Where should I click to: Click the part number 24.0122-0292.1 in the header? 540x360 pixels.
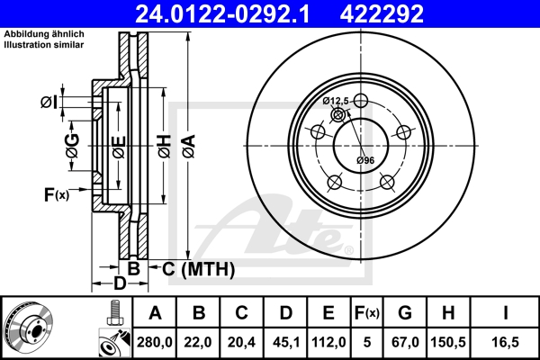coord(223,13)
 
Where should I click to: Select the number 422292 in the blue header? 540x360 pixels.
coord(382,13)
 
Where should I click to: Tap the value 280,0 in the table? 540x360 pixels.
coord(155,342)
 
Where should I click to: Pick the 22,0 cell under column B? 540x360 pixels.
coord(198,342)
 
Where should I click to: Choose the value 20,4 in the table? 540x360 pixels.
coord(241,342)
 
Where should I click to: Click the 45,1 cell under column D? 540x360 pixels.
coord(285,342)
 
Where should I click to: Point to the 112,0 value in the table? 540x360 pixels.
coord(328,342)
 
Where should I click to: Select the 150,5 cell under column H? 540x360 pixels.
coord(448,342)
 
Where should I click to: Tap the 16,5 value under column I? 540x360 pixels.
coord(505,342)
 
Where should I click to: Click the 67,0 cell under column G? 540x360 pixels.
coord(405,342)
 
